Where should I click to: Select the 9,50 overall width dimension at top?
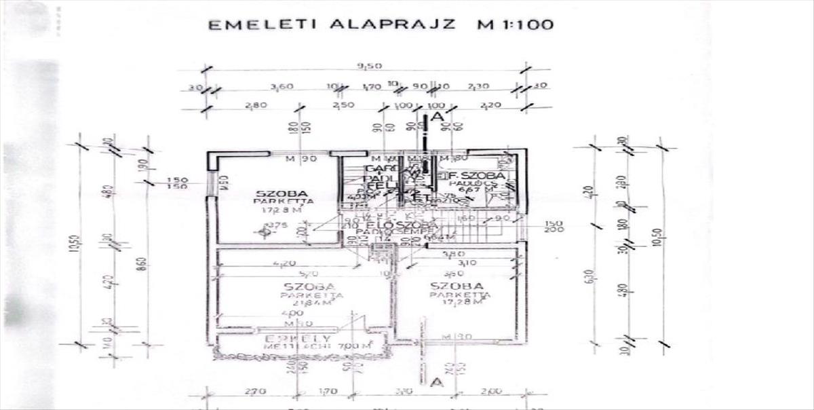pyautogui.click(x=369, y=66)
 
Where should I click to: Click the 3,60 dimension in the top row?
pyautogui.click(x=282, y=87)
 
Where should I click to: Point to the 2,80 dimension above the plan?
pyautogui.click(x=255, y=105)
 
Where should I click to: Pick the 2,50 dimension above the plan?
pyautogui.click(x=343, y=105)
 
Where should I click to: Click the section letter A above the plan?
pyautogui.click(x=438, y=117)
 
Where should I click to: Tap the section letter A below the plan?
pyautogui.click(x=437, y=383)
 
